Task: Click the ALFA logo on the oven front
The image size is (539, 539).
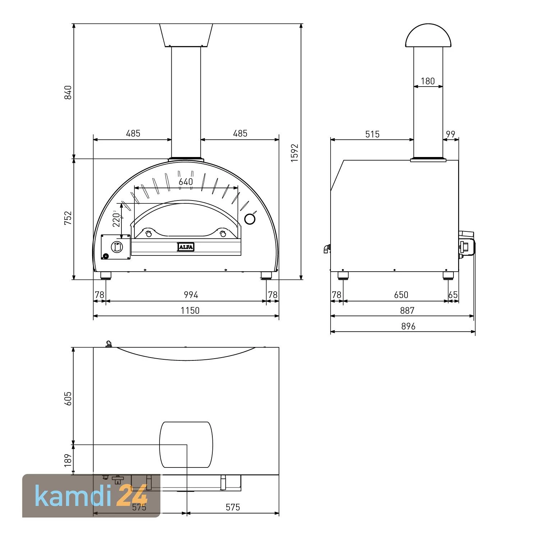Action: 186,247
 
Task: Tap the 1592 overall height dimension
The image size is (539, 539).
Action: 295,153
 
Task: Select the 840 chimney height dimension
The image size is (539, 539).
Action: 68,92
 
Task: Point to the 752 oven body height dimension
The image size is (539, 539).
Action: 68,218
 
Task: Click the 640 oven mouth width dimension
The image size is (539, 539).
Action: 186,182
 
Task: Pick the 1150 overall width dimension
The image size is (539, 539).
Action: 190,310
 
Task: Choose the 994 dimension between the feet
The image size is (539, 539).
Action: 191,295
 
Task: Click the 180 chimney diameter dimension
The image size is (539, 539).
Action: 428,81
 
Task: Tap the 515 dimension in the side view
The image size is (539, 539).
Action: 372,134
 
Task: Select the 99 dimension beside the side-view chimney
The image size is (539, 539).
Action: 451,134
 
